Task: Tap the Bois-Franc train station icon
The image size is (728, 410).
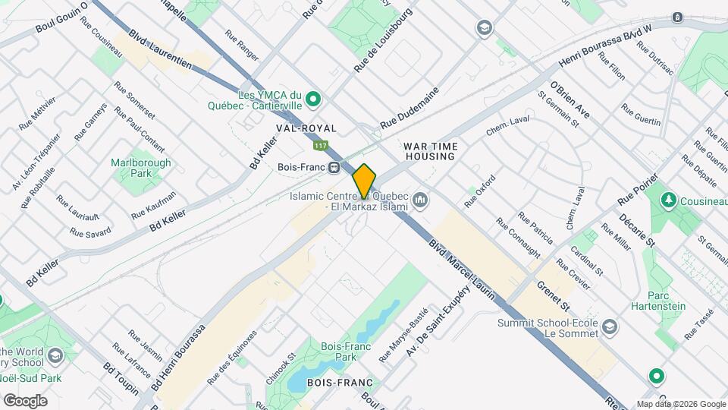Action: coord(332,167)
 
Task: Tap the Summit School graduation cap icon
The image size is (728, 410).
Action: coord(610,327)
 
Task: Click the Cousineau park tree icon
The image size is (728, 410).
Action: coord(668,200)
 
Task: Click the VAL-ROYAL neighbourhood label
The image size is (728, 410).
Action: coord(306,128)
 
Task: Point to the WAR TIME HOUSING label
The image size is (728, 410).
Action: coord(429,150)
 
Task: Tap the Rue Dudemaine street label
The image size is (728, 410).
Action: coord(410,118)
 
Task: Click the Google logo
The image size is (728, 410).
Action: coord(25,400)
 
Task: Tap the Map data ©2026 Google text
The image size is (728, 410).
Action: coord(680,404)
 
